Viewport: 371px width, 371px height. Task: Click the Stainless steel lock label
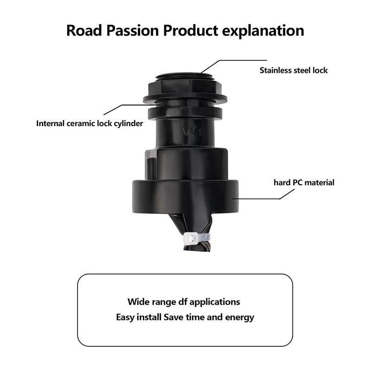tap(294, 70)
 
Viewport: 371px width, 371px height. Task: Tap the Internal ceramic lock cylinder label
tap(90, 124)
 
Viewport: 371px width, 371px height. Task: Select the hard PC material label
tap(304, 182)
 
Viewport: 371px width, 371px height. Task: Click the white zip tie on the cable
tap(190, 239)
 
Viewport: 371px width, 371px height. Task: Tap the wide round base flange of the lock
tap(185, 195)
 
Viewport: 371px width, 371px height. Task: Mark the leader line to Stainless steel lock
tap(237, 60)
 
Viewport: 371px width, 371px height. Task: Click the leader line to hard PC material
tap(260, 198)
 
